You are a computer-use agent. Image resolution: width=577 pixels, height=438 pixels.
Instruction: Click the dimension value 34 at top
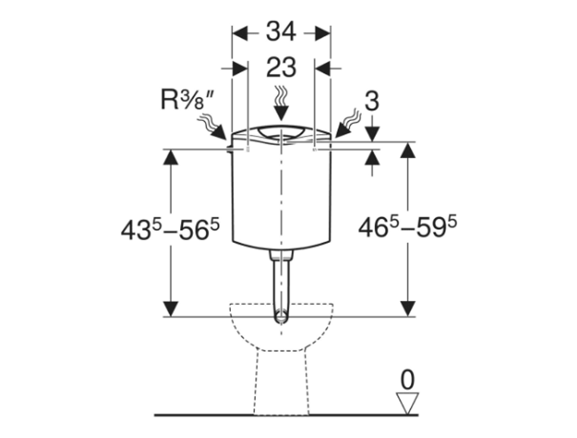tap(281, 31)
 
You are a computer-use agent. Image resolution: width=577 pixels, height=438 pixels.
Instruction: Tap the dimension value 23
tap(281, 67)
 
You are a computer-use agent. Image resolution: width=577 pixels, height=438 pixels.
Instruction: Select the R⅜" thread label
tap(188, 99)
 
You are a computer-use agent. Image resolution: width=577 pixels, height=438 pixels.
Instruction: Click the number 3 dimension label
tap(372, 101)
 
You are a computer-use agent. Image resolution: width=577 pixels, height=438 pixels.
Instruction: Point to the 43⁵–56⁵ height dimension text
tap(170, 229)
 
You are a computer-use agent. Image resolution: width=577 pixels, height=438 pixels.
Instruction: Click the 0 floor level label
tap(407, 380)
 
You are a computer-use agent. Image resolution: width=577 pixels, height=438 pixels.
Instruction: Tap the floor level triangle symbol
tap(407, 403)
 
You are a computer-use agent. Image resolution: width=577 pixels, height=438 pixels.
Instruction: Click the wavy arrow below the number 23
tap(281, 104)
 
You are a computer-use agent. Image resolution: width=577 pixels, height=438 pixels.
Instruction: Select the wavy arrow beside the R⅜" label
tap(212, 128)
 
